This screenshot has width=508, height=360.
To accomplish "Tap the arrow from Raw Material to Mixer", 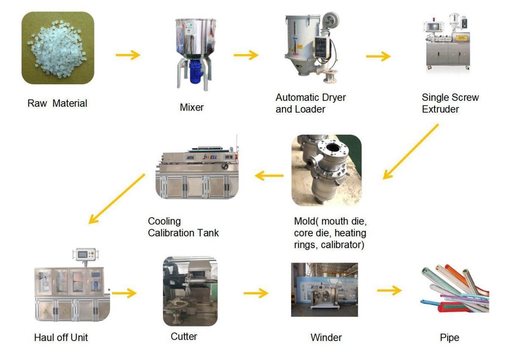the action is (x=128, y=55).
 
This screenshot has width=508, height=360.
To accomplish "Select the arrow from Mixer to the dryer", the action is (x=246, y=55).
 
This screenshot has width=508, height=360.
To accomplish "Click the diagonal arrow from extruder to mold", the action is (x=411, y=152).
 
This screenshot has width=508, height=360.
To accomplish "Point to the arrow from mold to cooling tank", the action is (x=269, y=176).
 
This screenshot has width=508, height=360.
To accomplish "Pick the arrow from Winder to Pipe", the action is (x=389, y=291).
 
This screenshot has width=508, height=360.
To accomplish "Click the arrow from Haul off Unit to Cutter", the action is (x=124, y=293).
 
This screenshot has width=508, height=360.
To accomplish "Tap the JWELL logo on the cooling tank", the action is (x=210, y=157).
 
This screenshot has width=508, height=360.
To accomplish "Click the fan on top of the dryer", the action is (x=331, y=21).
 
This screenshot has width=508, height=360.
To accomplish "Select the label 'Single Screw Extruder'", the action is (x=450, y=103).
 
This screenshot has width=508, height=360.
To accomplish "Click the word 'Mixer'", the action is (x=192, y=107).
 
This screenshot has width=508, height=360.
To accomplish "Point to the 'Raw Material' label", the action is (x=57, y=103).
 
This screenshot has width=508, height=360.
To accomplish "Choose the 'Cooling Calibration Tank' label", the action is (x=183, y=227).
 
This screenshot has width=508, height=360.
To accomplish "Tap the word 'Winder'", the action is (x=326, y=338).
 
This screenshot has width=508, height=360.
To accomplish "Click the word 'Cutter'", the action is (x=184, y=337).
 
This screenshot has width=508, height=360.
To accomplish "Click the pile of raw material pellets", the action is (x=57, y=47).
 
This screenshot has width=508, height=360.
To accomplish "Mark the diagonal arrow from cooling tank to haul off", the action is (x=116, y=199).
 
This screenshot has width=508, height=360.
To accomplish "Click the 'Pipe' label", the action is (x=450, y=338).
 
